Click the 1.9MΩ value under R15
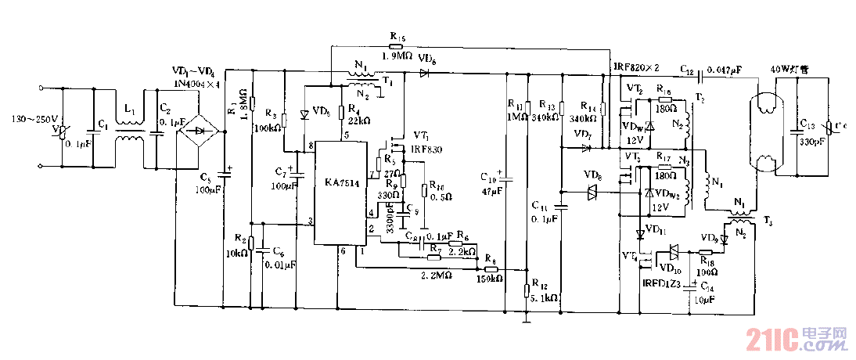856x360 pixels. (397, 56)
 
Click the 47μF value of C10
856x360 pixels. (491, 190)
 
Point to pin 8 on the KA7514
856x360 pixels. (311, 146)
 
